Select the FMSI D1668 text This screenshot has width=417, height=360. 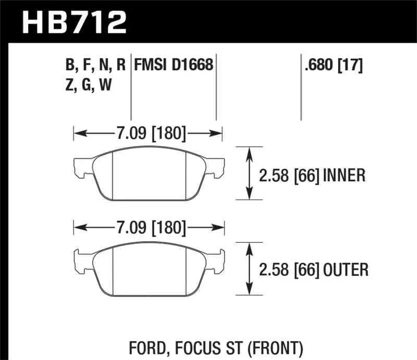[x=174, y=65]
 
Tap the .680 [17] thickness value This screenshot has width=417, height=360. [x=331, y=65]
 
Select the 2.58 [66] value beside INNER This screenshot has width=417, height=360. [x=289, y=176]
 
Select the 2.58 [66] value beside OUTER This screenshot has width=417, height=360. [x=289, y=269]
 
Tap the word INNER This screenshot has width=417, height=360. [x=344, y=176]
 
